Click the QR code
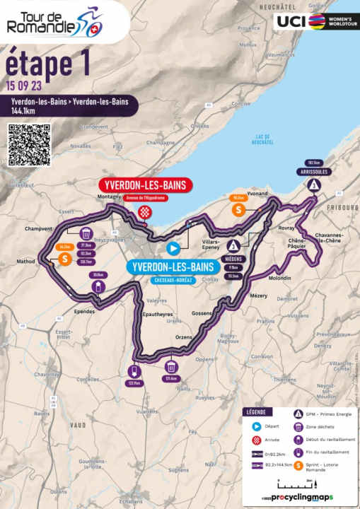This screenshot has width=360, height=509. tap(29, 144)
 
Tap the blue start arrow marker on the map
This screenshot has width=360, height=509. tap(173, 248)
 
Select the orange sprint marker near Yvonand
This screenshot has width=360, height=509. tap(239, 209)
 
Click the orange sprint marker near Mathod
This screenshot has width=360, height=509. tap(64, 259)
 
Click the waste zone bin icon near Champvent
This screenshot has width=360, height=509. tap(85, 233)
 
